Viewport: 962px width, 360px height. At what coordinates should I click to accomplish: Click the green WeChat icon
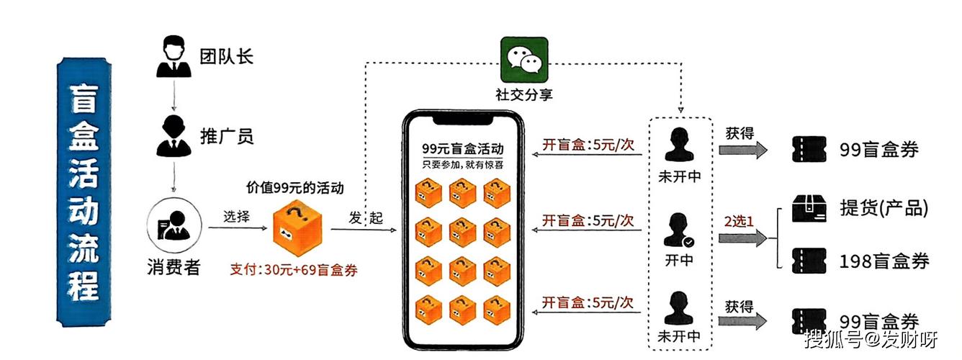(x=524, y=60)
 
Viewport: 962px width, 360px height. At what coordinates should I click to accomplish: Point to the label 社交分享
(x=523, y=95)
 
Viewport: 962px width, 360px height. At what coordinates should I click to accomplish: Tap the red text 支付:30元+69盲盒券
(x=294, y=270)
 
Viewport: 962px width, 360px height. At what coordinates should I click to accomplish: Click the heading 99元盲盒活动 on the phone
(x=463, y=149)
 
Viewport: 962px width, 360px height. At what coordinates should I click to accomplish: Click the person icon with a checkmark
(x=680, y=230)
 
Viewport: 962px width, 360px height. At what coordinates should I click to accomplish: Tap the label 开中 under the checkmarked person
(x=679, y=260)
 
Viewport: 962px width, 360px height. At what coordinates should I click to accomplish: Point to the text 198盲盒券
(x=884, y=261)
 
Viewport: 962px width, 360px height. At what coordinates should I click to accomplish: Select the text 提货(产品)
(x=884, y=209)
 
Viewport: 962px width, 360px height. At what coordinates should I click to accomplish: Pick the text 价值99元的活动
(x=295, y=189)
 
